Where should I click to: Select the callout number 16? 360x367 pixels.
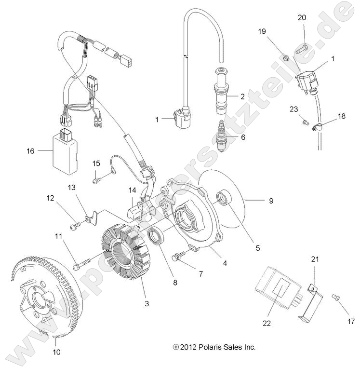pos(30,150)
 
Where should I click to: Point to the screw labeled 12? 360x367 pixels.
pos(75,224)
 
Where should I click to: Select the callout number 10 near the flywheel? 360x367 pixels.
pos(56,352)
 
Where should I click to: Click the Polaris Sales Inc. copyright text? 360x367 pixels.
pos(214,347)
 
